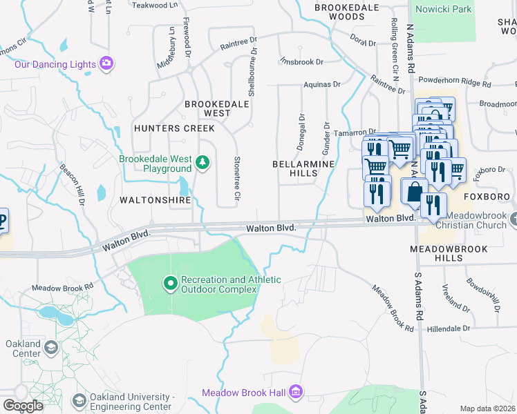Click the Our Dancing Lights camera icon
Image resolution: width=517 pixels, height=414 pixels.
[106, 64]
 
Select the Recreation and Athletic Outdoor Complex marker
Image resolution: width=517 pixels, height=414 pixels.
[170, 284]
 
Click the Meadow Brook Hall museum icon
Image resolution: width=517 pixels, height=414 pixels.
[296, 392]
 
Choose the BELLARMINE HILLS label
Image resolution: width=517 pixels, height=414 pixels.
[303, 170]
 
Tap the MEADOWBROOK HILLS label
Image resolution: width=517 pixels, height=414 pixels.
[449, 253]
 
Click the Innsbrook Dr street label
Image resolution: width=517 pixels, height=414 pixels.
[301, 62]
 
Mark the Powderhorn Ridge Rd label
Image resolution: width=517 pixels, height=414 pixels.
[458, 82]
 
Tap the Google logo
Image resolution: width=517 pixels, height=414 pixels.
[22, 406]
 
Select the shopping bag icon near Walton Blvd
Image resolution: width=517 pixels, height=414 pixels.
[414, 191]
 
